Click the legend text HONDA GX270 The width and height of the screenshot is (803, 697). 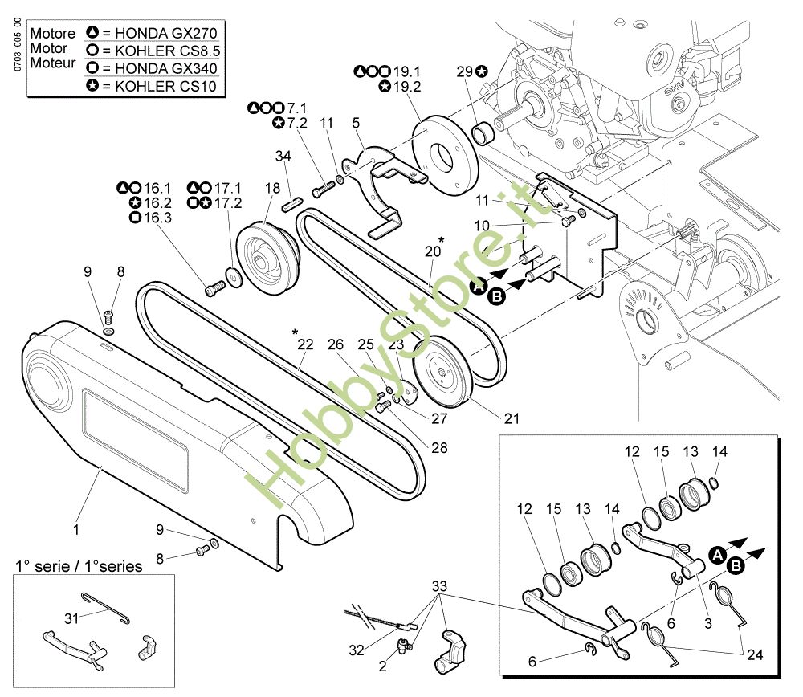pyautogui.click(x=165, y=33)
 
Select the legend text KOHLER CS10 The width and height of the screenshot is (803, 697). pyautogui.click(x=165, y=86)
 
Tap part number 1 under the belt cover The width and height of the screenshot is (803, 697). pyautogui.click(x=76, y=530)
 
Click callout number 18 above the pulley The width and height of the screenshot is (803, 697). pyautogui.click(x=272, y=188)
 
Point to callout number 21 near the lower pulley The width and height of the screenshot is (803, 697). pyautogui.click(x=512, y=418)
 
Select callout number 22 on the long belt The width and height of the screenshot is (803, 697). pyautogui.click(x=305, y=344)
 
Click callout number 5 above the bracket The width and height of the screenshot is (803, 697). pyautogui.click(x=355, y=123)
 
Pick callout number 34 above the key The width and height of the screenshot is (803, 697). pyautogui.click(x=283, y=154)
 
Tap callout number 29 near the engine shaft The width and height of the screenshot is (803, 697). pyautogui.click(x=464, y=71)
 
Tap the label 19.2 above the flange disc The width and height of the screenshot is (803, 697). pyautogui.click(x=405, y=86)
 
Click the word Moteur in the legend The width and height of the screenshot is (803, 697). pyautogui.click(x=52, y=63)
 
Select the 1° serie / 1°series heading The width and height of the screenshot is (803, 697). pyautogui.click(x=79, y=566)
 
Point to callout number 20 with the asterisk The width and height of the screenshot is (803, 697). pyautogui.click(x=433, y=251)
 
